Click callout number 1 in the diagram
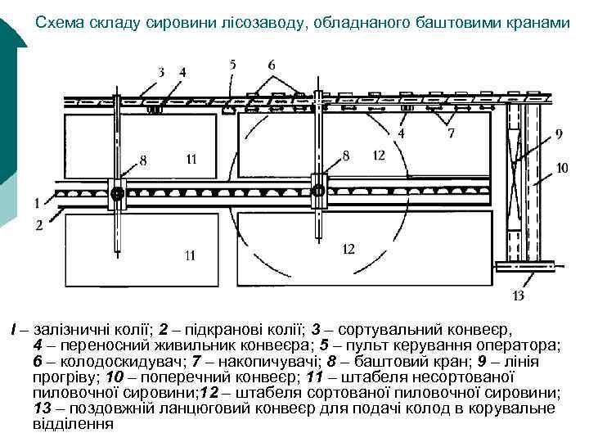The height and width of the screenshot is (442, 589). click(37, 201)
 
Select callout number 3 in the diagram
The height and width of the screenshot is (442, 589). click(161, 72)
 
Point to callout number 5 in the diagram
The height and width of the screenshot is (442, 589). click(233, 63)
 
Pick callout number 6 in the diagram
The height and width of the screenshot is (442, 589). click(271, 64)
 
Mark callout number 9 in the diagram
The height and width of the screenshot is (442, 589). click(558, 133)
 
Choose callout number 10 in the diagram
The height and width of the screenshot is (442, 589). click(562, 169)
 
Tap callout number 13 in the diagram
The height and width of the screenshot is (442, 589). click(518, 295)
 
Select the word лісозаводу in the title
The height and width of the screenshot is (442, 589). click(277, 24)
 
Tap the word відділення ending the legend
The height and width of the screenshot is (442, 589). click(73, 424)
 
